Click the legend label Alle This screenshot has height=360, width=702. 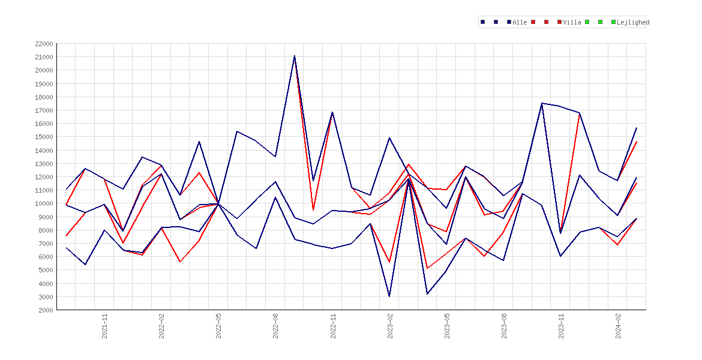click(x=520, y=22)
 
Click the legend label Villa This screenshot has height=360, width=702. click(x=572, y=22)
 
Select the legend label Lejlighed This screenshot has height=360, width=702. click(x=633, y=22)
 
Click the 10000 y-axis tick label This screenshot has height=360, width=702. click(x=43, y=203)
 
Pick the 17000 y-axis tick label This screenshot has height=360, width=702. click(x=43, y=110)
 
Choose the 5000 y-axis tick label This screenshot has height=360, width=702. click(x=45, y=270)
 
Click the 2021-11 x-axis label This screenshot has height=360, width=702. click(x=104, y=326)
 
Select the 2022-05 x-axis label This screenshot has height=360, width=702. click(x=218, y=326)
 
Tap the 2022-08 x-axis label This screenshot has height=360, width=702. click(x=275, y=326)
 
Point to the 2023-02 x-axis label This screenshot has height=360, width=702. click(x=389, y=326)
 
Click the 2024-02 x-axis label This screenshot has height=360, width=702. click(x=618, y=326)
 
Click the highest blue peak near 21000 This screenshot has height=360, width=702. click(x=294, y=56)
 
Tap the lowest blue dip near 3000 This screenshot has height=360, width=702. click(x=389, y=296)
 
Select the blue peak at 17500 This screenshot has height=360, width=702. click(x=542, y=103)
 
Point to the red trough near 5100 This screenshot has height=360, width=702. click(x=428, y=268)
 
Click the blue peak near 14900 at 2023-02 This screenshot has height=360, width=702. click(x=389, y=138)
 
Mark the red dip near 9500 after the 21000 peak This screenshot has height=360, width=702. click(x=313, y=209)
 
